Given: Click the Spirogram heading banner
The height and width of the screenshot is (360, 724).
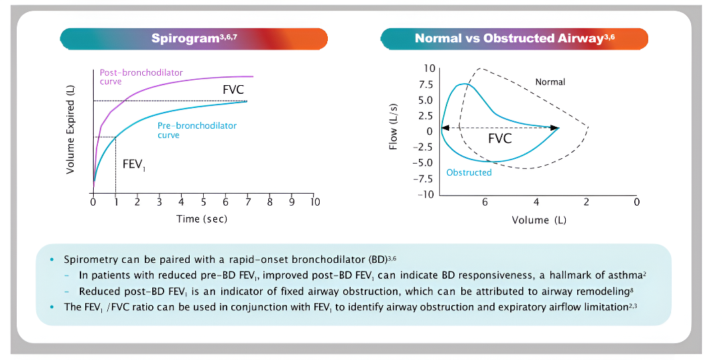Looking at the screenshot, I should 193,38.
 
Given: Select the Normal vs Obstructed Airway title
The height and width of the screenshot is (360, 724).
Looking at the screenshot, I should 514,38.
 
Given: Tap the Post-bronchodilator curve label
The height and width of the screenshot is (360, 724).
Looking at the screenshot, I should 141,76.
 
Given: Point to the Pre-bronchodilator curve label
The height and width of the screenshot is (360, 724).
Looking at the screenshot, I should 196,130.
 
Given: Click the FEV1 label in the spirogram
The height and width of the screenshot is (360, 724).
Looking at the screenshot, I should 133,164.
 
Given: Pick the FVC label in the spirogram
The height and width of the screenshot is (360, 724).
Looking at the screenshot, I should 233,89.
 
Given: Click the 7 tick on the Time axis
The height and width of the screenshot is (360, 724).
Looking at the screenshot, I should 247,202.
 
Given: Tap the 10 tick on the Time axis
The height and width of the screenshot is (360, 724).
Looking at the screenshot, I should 314,202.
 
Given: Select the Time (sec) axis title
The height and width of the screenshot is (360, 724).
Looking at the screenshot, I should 202,219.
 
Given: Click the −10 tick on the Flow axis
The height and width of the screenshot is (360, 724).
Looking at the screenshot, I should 424,194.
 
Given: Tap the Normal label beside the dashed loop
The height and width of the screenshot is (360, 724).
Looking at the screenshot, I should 550,82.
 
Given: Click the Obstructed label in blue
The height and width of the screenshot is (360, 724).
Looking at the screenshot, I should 469,172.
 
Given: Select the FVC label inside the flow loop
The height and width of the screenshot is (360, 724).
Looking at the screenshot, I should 499,139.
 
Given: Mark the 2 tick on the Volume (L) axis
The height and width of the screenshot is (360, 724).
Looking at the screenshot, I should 586,202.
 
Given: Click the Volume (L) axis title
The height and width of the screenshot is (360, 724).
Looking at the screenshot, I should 540,219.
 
